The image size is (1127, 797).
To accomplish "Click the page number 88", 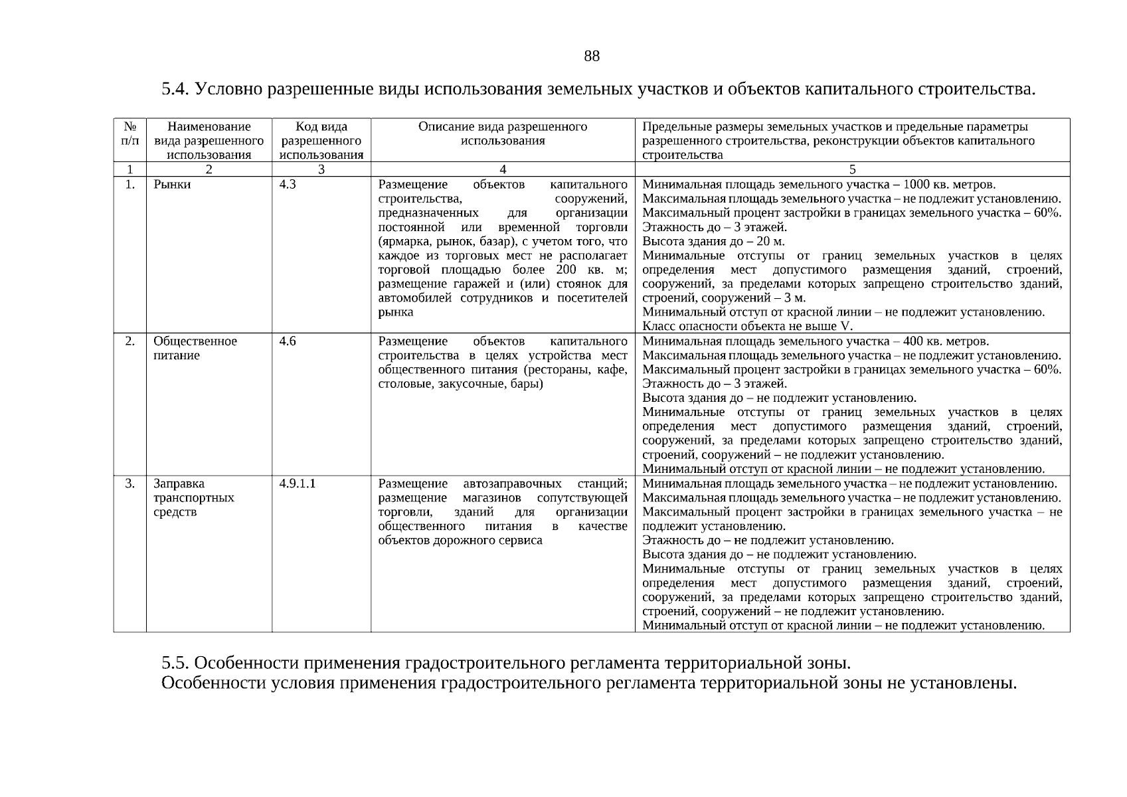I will coord(591,56).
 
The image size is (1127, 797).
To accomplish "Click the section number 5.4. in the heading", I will coord(176,89).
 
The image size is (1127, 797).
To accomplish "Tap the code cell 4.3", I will coord(288,185).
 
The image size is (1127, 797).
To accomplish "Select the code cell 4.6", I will coord(288,341).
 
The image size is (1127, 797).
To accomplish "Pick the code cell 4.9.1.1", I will coord(298,484).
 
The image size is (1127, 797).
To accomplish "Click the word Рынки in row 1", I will coord(172,185).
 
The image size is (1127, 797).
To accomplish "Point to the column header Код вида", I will coord(321,127).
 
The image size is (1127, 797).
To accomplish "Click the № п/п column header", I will coord(130,133).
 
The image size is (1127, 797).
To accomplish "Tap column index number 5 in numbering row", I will coord(852,169).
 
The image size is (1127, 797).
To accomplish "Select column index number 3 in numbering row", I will coord(321,169).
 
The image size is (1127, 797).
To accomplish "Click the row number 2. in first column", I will coord(130,341).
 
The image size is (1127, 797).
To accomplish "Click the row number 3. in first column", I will coord(130,484).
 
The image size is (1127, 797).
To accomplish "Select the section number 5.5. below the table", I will coord(176,664).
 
